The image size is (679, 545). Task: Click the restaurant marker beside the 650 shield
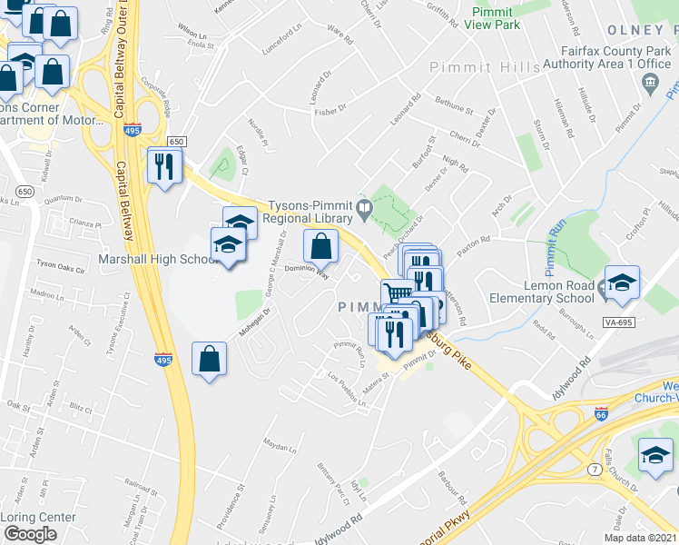click(x=164, y=166)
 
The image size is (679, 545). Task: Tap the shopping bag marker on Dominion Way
click(x=320, y=246)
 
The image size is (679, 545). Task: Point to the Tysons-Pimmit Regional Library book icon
click(x=363, y=211)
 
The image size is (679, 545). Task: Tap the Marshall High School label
click(x=156, y=259)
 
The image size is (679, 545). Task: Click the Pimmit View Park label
click(x=497, y=18)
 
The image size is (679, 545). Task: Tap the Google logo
click(x=30, y=534)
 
